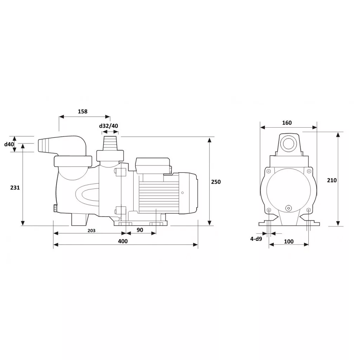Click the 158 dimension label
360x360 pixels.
(x=83, y=111)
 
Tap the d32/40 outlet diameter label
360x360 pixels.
(x=109, y=126)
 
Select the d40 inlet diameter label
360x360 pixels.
(x=9, y=144)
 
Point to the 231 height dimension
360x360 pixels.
(x=15, y=188)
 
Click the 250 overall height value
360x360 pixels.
(x=216, y=182)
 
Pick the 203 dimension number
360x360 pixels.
(x=91, y=231)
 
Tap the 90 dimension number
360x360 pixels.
(x=140, y=230)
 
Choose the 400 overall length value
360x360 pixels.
(x=123, y=241)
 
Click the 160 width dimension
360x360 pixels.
(x=287, y=123)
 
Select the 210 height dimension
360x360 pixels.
(x=332, y=180)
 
